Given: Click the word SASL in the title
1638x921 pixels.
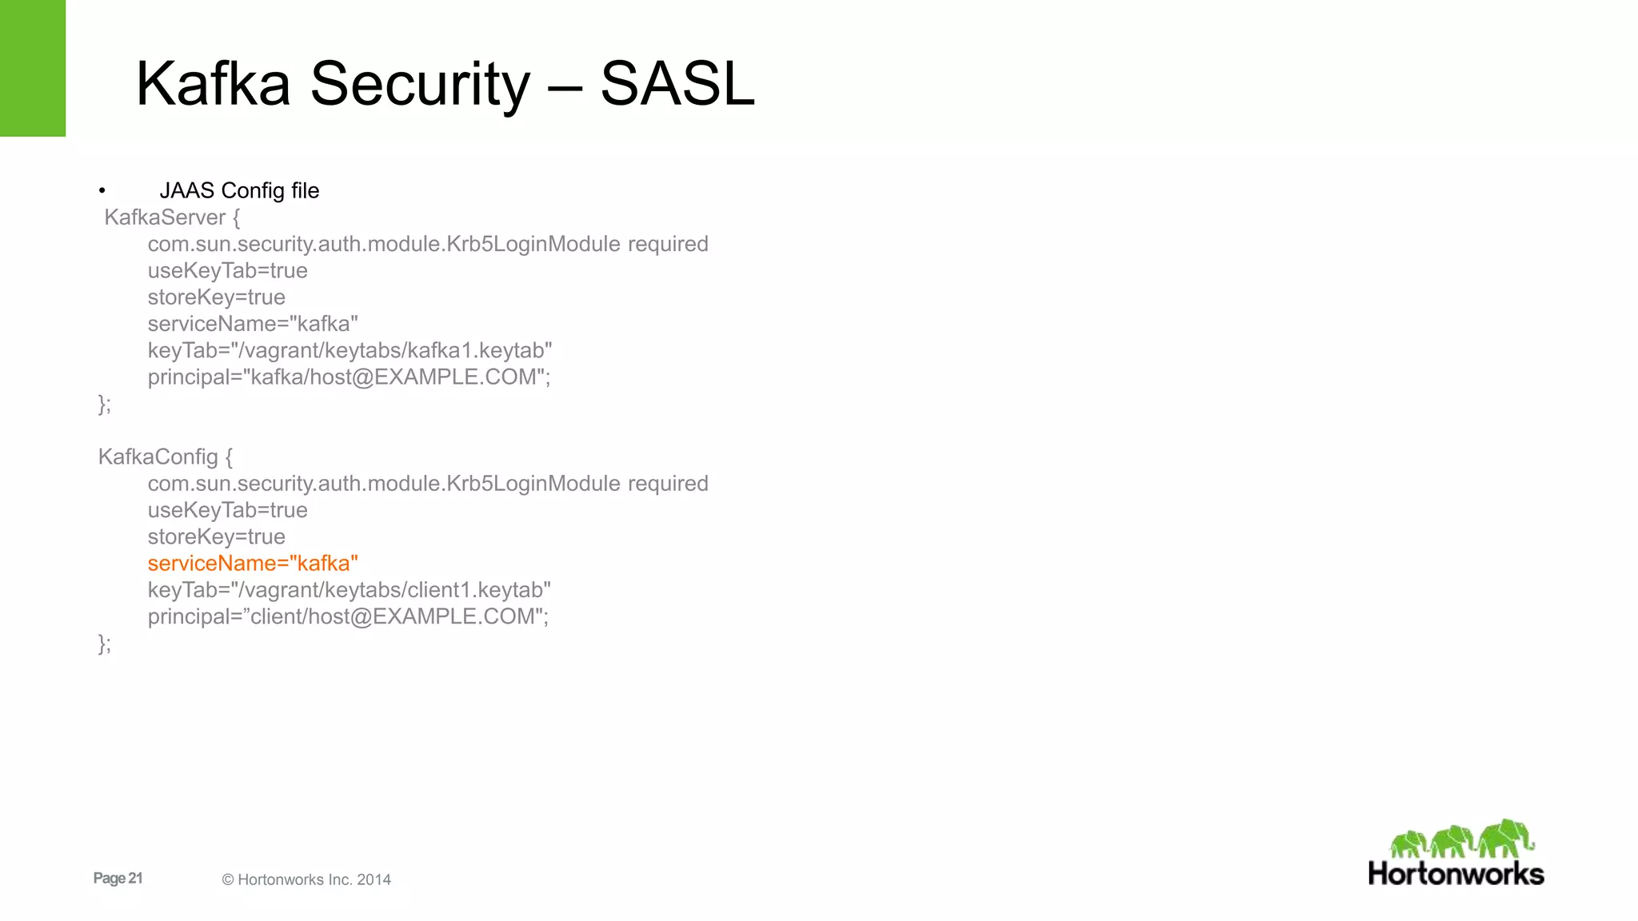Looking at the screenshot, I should click(677, 84).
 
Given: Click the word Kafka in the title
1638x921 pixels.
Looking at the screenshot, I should click(213, 84).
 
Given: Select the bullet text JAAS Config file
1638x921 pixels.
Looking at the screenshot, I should click(239, 190).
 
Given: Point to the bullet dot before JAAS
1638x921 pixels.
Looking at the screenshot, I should click(102, 191).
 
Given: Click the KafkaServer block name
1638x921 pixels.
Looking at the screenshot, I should click(165, 217).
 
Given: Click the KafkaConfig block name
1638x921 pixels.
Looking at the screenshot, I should click(158, 457).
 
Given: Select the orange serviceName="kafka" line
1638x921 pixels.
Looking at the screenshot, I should click(253, 563).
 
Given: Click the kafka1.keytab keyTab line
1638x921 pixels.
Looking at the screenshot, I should click(350, 350).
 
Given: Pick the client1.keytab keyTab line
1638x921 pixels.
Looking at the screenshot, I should click(349, 590).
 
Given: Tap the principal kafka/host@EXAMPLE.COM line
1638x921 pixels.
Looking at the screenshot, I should click(349, 377).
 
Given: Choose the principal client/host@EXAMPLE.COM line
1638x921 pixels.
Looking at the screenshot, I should click(348, 616).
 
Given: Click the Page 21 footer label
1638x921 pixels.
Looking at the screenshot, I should click(118, 878).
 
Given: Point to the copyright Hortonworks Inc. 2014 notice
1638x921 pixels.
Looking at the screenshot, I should click(306, 879).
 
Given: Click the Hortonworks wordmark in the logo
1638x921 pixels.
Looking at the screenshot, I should click(1456, 873).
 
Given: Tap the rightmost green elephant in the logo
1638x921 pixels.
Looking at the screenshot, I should click(1506, 837).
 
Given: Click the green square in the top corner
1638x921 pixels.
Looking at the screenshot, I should click(33, 68).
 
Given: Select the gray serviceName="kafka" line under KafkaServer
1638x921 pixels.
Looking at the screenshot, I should click(253, 324).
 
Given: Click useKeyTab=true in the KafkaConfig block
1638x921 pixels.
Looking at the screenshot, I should click(227, 510).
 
